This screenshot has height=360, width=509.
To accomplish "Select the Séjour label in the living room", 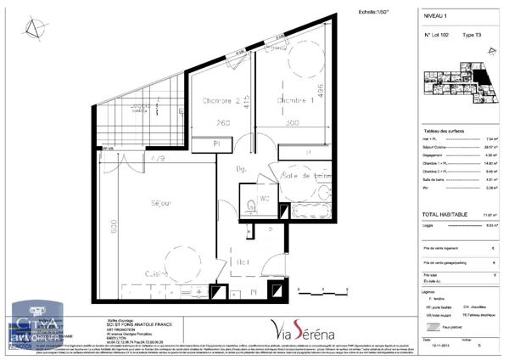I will coord(161,203).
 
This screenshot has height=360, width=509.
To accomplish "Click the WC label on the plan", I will coord(265,201).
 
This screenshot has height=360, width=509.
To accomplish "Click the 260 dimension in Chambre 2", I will coord(223,123).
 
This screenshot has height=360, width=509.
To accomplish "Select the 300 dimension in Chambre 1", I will coord(292,123).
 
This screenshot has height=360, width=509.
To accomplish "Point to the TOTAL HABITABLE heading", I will coord(447,216).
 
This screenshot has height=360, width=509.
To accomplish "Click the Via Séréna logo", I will coord(300,328).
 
